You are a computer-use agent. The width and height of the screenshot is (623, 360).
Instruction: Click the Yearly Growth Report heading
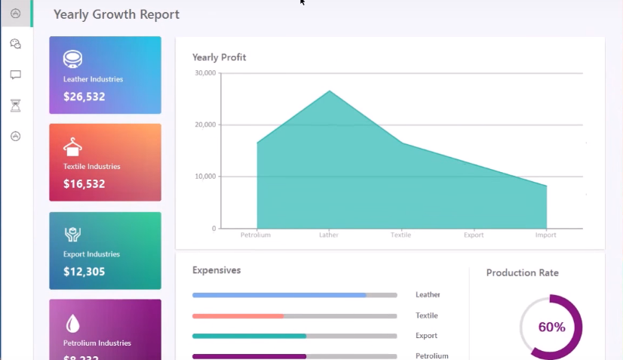pyautogui.click(x=116, y=14)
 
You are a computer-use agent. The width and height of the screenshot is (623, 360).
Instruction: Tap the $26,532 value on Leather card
pyautogui.click(x=84, y=97)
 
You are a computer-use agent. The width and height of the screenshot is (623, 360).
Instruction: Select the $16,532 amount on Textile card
pyautogui.click(x=84, y=183)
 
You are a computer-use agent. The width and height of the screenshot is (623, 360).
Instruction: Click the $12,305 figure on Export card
pyautogui.click(x=84, y=272)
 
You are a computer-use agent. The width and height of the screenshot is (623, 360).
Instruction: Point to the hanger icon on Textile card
pyautogui.click(x=72, y=146)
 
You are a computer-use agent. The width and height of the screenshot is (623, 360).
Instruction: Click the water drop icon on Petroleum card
pyautogui.click(x=72, y=323)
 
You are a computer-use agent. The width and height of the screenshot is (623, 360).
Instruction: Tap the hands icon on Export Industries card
pyautogui.click(x=72, y=234)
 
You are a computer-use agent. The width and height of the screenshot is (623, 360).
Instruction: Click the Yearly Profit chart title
pyautogui.click(x=219, y=57)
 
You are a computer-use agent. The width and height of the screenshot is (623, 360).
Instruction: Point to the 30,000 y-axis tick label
pyautogui.click(x=205, y=73)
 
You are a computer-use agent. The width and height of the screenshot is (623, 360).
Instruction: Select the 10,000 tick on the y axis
pyautogui.click(x=205, y=177)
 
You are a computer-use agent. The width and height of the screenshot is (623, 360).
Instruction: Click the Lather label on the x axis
pyautogui.click(x=328, y=235)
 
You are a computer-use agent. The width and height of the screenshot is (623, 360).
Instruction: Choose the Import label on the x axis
pyautogui.click(x=545, y=235)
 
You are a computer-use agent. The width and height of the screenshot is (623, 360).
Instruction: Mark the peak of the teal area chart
pyautogui.click(x=329, y=91)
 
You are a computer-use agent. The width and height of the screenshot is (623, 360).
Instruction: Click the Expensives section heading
pyautogui.click(x=216, y=270)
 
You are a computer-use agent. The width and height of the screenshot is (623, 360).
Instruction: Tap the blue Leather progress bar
pyautogui.click(x=279, y=295)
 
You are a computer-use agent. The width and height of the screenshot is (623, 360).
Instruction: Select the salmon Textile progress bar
pyautogui.click(x=238, y=315)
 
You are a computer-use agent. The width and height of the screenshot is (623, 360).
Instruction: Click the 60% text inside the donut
pyautogui.click(x=551, y=327)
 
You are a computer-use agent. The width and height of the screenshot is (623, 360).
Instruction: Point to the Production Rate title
pyautogui.click(x=522, y=272)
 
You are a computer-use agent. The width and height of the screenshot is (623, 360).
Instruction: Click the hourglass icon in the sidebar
pyautogui.click(x=15, y=106)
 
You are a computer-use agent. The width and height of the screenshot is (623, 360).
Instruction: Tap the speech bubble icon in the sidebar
pyautogui.click(x=15, y=75)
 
